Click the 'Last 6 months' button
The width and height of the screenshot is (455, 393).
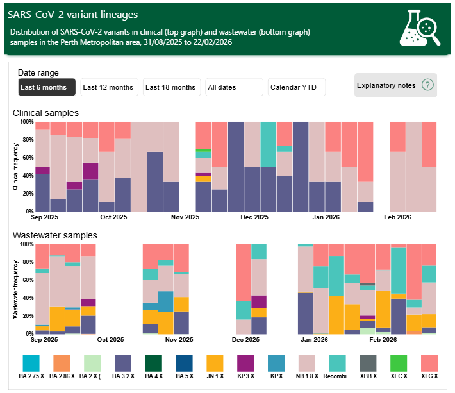(47, 87)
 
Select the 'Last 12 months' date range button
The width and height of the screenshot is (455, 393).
(108, 87)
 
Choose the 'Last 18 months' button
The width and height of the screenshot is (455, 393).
(170, 87)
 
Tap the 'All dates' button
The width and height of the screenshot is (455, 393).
(234, 87)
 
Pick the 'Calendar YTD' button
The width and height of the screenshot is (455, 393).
(297, 87)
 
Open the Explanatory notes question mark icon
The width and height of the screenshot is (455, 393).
(428, 85)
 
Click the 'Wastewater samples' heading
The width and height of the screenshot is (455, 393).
(55, 235)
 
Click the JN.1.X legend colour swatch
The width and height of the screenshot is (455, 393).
(215, 364)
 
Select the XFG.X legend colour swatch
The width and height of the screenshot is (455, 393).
(429, 364)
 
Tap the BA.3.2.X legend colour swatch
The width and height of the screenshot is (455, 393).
(123, 364)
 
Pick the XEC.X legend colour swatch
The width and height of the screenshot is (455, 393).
(399, 364)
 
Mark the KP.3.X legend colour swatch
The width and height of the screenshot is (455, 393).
(245, 364)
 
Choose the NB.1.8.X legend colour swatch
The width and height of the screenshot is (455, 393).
(307, 364)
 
